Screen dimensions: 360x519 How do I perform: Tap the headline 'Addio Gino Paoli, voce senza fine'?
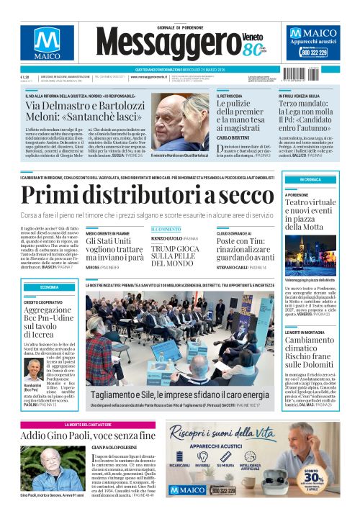[88, 435]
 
